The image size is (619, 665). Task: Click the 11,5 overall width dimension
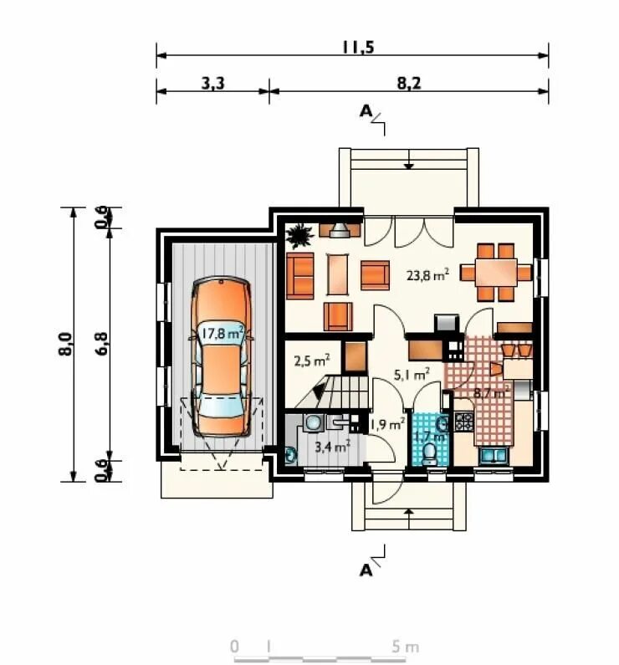[x=358, y=48]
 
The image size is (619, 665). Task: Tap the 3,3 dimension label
[x=212, y=84]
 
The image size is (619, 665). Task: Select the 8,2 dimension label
[x=409, y=84]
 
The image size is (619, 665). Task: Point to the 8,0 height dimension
[x=67, y=344]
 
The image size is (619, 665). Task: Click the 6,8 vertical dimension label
[x=102, y=344]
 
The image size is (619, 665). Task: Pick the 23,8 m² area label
[x=427, y=275]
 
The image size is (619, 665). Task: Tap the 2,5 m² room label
[x=312, y=361]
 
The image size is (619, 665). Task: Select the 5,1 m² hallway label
[x=412, y=375]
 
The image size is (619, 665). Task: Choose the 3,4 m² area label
[x=332, y=446]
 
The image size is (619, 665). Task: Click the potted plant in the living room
[x=299, y=235]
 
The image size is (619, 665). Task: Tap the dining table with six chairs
[x=496, y=272]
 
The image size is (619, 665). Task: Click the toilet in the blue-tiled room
[x=429, y=454]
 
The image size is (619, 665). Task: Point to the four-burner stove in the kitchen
[x=463, y=422]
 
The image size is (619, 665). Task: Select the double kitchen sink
[x=493, y=456]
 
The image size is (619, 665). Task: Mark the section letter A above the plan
[x=366, y=111]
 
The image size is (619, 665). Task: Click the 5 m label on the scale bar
[x=406, y=647]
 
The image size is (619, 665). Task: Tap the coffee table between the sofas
[x=337, y=274]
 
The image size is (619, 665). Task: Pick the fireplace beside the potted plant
[x=340, y=230]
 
